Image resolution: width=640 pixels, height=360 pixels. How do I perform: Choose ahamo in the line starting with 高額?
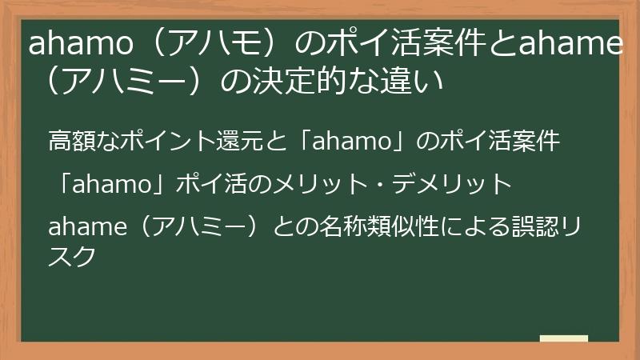tap(345, 143)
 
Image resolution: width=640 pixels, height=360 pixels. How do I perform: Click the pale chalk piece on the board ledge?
tap(564, 338)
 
